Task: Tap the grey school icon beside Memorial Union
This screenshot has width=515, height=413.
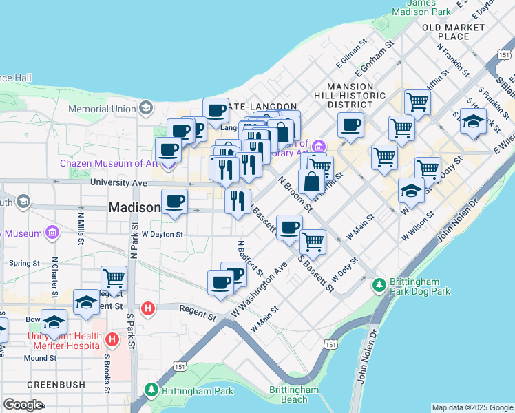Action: (x=146, y=107)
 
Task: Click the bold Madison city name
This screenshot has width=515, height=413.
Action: (x=134, y=207)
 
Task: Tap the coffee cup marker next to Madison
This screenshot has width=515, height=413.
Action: (x=174, y=202)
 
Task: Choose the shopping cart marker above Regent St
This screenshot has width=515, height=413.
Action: (x=114, y=279)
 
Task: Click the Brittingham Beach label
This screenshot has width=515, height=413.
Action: (x=294, y=394)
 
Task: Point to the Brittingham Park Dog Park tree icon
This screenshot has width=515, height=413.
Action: (x=378, y=284)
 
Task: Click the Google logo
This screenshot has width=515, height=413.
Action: (x=23, y=404)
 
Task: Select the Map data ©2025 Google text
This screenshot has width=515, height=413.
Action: (x=472, y=407)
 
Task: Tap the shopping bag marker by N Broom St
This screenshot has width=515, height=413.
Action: (x=311, y=182)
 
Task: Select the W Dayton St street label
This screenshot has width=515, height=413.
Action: (x=162, y=234)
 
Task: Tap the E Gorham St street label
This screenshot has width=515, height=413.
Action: (x=373, y=59)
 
